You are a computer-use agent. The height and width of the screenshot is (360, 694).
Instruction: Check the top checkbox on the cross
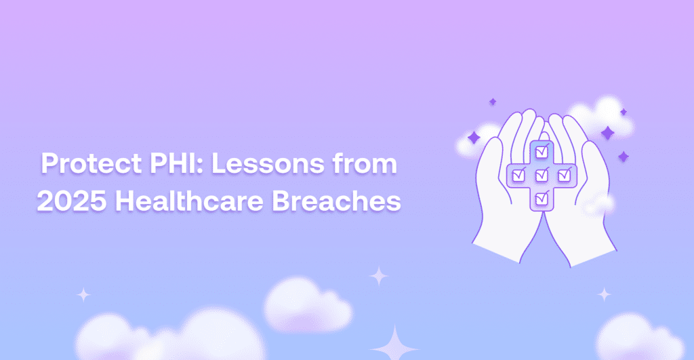(542, 153)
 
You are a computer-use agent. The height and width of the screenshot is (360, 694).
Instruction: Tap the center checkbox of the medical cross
(542, 176)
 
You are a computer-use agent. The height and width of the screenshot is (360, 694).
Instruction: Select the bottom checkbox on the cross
(542, 199)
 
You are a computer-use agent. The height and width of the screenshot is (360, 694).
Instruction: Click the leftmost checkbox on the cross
(518, 176)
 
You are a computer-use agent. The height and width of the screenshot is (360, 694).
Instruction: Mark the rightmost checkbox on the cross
(565, 176)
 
